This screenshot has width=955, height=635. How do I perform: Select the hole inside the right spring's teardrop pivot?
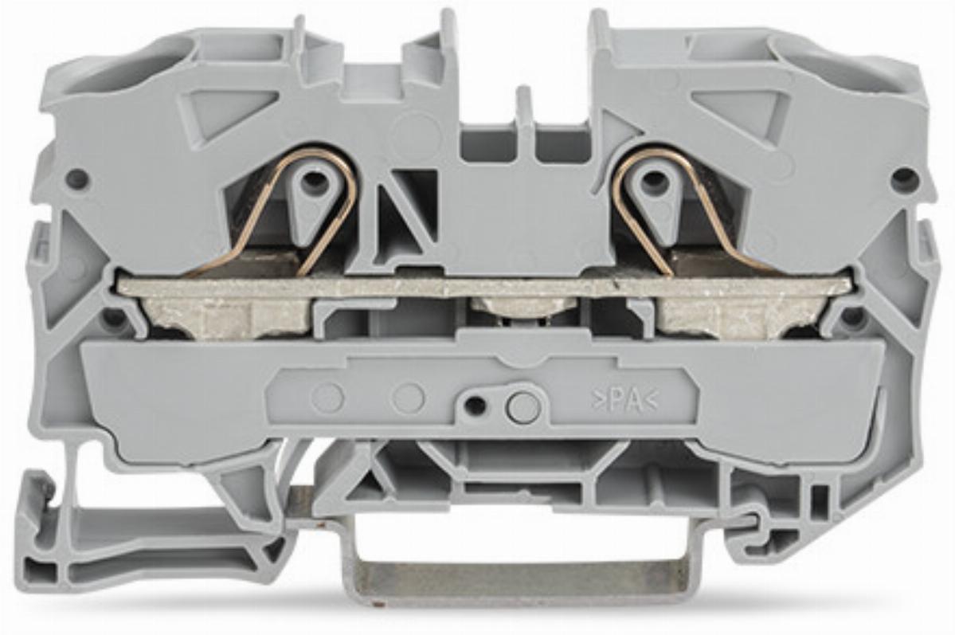[x=653, y=178]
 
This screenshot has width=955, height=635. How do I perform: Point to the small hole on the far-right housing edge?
[x=902, y=178]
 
